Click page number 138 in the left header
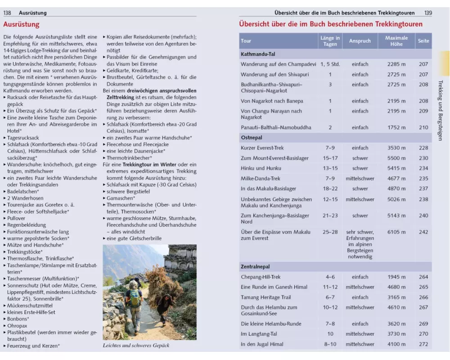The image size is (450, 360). [7, 13]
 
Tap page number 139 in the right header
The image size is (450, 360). [427, 13]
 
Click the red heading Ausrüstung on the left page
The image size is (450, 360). [21, 25]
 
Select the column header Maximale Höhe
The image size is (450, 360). [396, 41]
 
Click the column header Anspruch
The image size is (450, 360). [360, 41]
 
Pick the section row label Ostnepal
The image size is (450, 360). [252, 138]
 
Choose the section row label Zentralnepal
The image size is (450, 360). [255, 267]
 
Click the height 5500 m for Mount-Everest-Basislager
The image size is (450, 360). [396, 158]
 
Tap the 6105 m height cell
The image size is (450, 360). [396, 232]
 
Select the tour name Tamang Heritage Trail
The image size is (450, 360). [266, 297]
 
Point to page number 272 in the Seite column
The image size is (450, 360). [423, 344]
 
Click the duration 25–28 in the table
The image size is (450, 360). [330, 232]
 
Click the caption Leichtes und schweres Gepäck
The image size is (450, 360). [136, 346]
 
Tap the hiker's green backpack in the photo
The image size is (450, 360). [135, 297]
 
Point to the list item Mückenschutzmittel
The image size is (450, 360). [30, 306]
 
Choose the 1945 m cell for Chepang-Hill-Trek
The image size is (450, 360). [396, 277]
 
